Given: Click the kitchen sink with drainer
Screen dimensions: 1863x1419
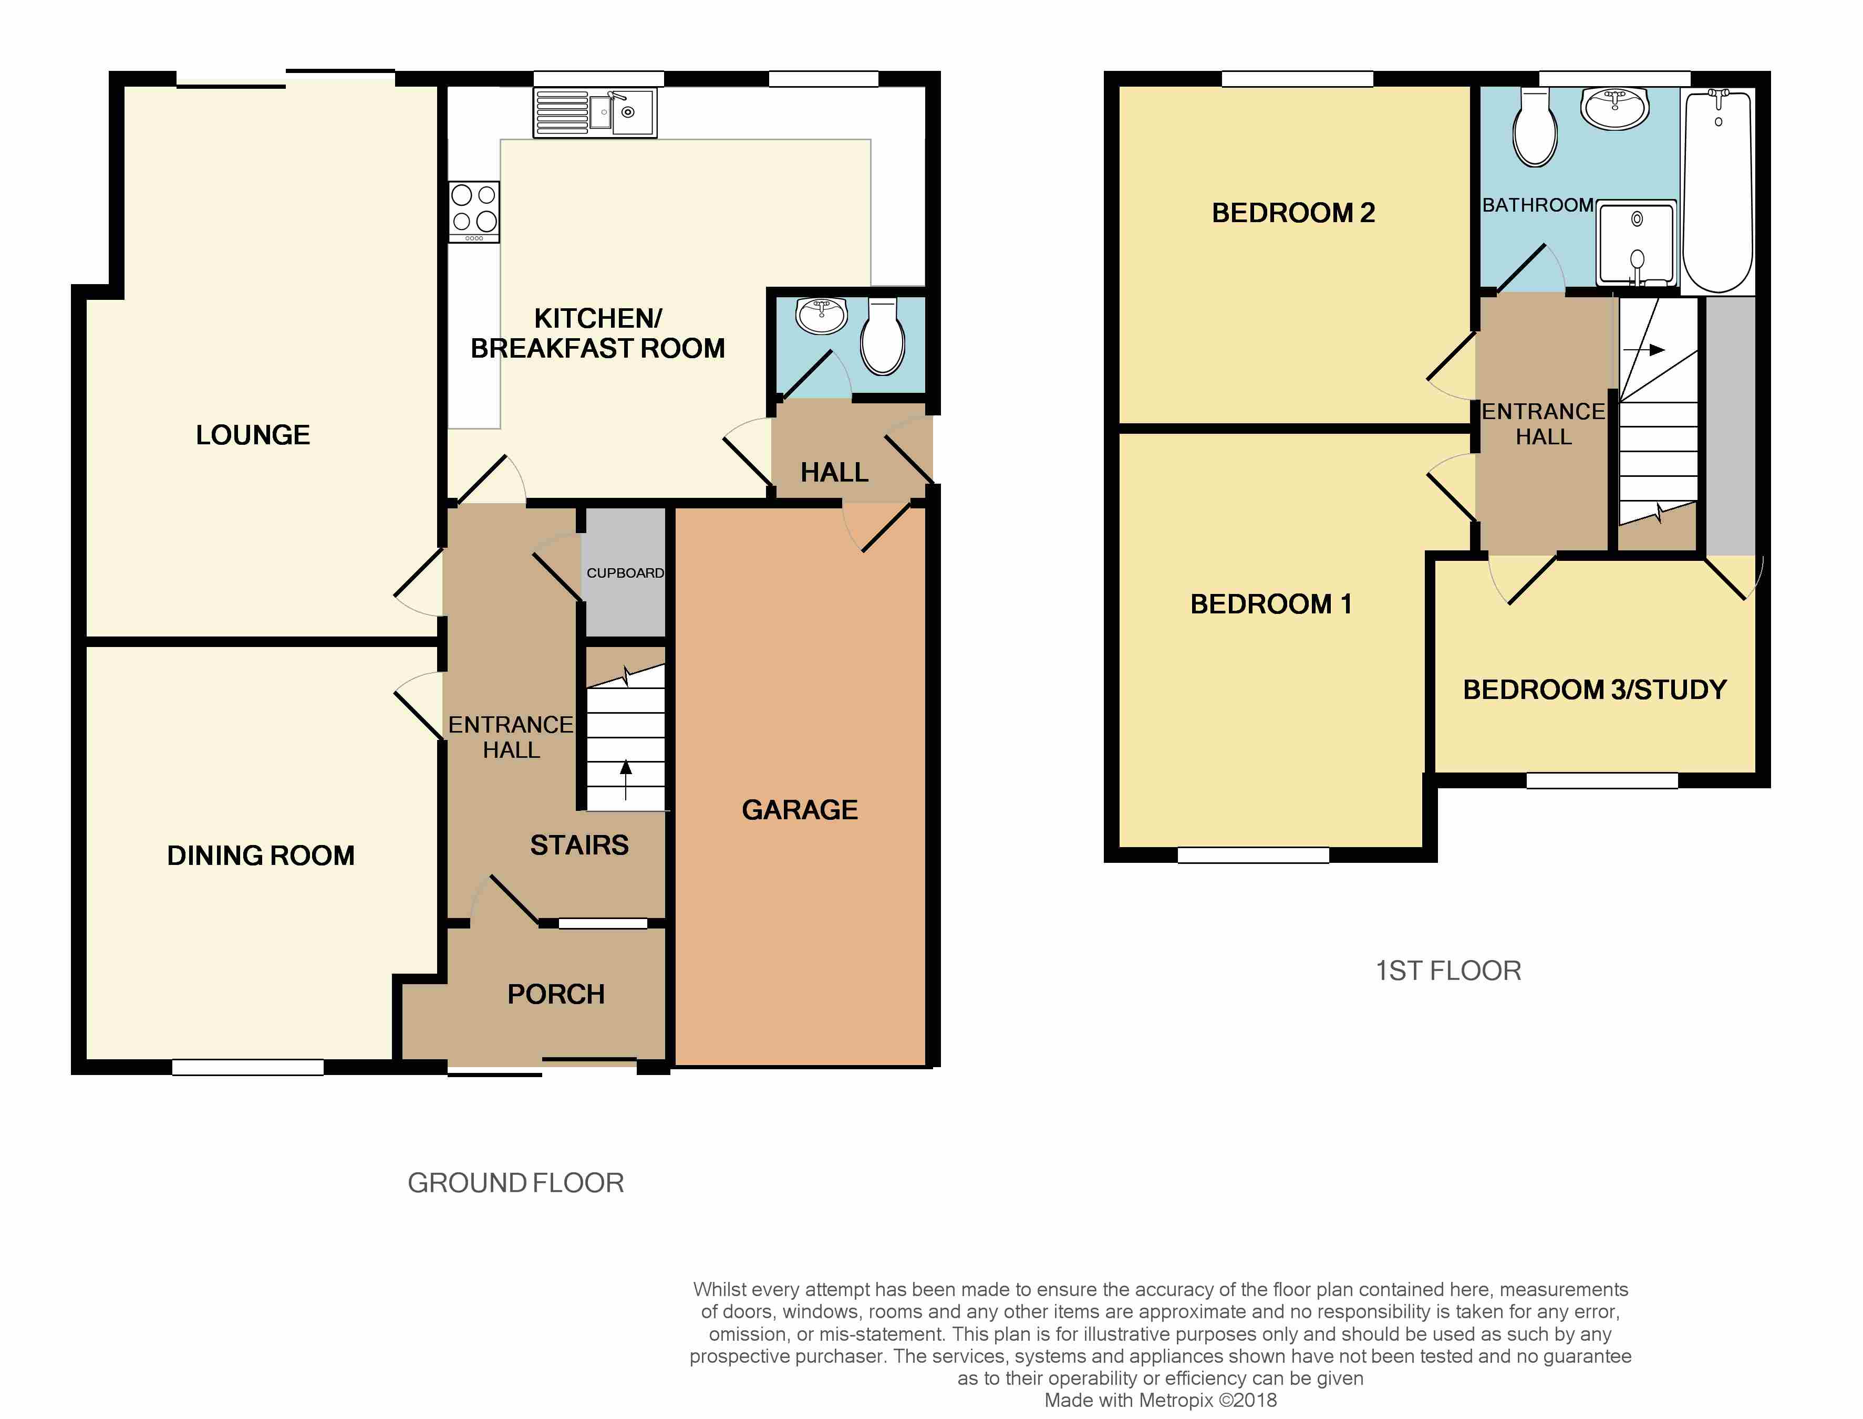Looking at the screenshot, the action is [595, 112].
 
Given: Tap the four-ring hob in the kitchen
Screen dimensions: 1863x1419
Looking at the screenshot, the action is [474, 212].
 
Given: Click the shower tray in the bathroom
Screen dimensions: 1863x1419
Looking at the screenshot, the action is [1637, 243].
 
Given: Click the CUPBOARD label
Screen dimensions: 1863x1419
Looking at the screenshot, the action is [625, 572].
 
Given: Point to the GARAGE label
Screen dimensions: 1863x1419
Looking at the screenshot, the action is [799, 810].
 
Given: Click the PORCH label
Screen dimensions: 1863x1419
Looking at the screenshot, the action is [556, 994].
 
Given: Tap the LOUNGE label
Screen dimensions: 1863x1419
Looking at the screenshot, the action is [253, 435].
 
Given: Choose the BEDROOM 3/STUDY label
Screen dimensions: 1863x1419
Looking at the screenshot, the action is [1595, 690].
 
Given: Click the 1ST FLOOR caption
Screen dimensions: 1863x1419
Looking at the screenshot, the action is [1448, 971].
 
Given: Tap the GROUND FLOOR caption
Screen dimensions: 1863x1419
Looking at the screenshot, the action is [515, 1183].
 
